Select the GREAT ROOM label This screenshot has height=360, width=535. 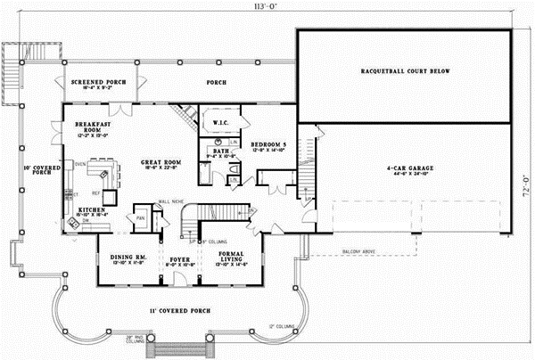point(161,163)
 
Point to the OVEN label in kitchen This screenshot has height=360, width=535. point(79,165)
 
